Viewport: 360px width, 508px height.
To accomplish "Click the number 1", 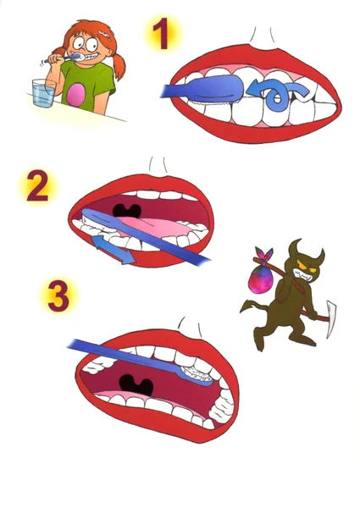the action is pyautogui.click(x=162, y=34).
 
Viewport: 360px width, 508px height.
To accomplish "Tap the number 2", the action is pyautogui.click(x=37, y=186).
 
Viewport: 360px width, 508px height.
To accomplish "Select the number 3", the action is pyautogui.click(x=58, y=295).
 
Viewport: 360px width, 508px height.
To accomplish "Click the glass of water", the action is pyautogui.click(x=43, y=93).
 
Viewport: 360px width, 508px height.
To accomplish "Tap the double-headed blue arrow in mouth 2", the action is pyautogui.click(x=114, y=250).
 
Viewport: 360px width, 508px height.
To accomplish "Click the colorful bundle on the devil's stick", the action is pyautogui.click(x=261, y=275).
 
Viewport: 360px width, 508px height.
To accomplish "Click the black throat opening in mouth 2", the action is pyautogui.click(x=127, y=211).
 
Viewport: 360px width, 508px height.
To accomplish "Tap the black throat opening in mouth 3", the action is pyautogui.click(x=136, y=385).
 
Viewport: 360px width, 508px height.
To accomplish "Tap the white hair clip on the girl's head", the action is pyautogui.click(x=105, y=33).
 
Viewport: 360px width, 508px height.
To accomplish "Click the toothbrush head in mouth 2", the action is pyautogui.click(x=97, y=219).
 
